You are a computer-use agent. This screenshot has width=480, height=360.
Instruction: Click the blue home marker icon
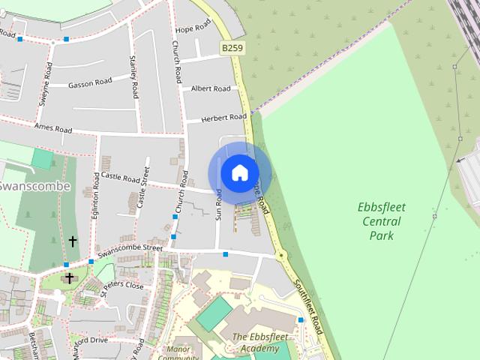pos(239,173)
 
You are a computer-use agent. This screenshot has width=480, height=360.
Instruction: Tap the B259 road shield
pos(231,47)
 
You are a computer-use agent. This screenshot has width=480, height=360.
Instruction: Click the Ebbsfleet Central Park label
pos(381,221)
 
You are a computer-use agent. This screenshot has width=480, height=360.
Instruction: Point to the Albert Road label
pos(211,88)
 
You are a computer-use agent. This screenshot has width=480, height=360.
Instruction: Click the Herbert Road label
pos(223,118)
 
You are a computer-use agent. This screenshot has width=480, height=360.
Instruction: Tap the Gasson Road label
pos(90,82)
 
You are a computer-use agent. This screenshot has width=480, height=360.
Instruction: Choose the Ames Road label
pos(52,128)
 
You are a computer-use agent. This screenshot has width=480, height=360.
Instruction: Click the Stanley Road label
pos(134,77)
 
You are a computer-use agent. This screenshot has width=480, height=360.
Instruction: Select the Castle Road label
pos(121,178)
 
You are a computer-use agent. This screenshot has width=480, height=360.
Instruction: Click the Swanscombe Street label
pos(130,248)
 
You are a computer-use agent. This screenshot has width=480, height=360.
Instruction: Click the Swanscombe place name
pos(34,185)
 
